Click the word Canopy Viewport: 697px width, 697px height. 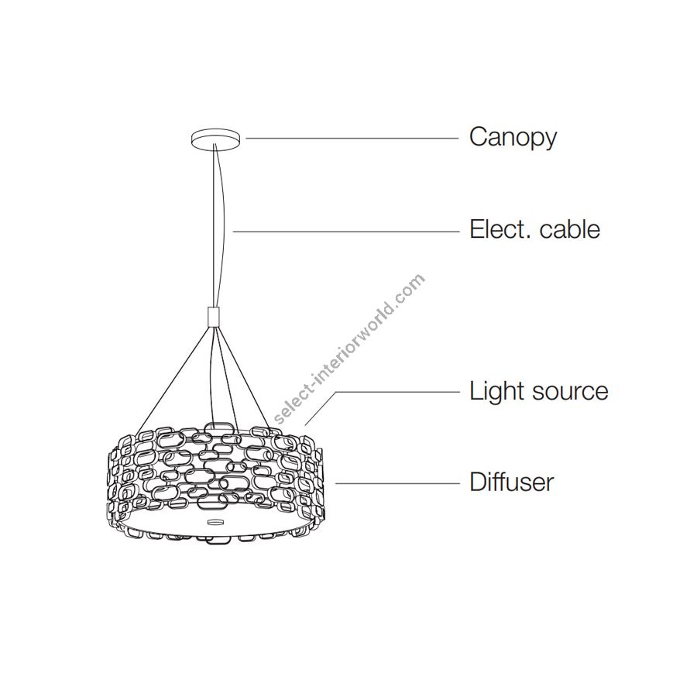[x=513, y=138]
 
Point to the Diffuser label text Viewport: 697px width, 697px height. [x=512, y=482]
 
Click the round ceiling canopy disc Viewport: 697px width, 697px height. [x=216, y=139]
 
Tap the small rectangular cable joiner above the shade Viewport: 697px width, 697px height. [x=213, y=316]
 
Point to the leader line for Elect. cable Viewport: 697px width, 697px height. [x=345, y=230]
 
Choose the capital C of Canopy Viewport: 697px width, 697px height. [x=479, y=137]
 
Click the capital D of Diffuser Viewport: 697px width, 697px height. [x=477, y=482]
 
